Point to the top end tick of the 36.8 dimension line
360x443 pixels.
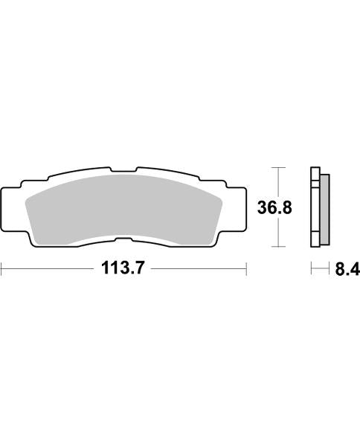[277, 167]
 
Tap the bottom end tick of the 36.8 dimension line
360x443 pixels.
[277, 246]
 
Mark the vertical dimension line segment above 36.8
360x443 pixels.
[277, 182]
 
